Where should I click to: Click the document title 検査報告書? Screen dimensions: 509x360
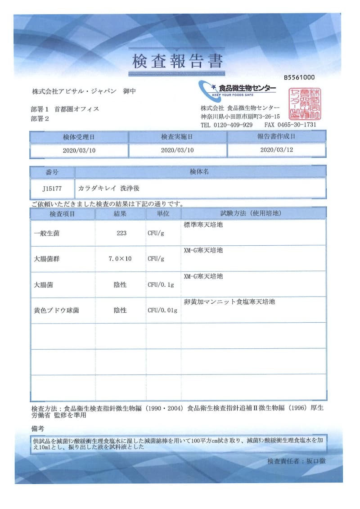(x=177, y=60)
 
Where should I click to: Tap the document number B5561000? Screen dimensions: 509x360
(x=299, y=77)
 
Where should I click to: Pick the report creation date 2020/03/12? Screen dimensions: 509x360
(x=276, y=150)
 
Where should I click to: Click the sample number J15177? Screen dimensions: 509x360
(x=52, y=189)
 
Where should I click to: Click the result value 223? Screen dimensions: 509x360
(x=121, y=233)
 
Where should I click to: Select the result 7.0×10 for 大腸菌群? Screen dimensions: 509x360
(x=120, y=259)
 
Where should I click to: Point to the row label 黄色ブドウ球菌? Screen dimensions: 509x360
(x=56, y=311)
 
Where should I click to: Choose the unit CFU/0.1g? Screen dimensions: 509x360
(x=161, y=285)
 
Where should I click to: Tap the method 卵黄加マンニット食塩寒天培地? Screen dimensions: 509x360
(x=229, y=302)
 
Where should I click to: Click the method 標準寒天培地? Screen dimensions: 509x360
(x=203, y=225)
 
